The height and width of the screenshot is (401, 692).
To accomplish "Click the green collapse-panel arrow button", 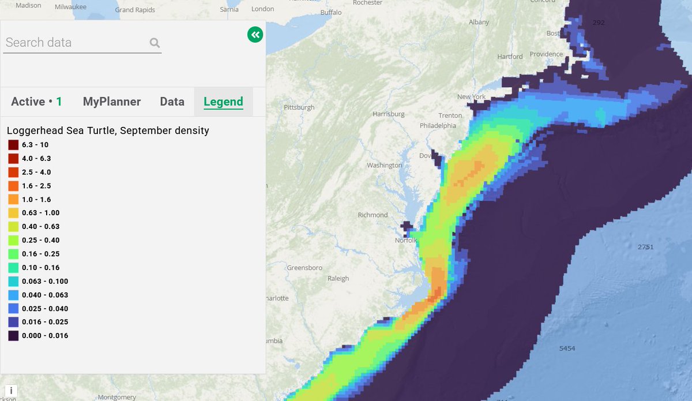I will pos(255,35).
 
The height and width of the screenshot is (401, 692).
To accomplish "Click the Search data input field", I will pos(75,43).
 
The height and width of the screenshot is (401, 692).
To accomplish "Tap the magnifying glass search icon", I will pos(155,43).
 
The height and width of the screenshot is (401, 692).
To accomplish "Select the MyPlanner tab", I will pos(112,102).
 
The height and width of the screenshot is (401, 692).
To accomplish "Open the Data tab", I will pos(172,102).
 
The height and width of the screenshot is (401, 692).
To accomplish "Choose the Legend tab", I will pos(223,102).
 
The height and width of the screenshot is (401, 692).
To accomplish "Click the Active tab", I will pos(36,102).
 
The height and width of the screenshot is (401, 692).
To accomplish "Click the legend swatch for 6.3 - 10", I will pos(13,145).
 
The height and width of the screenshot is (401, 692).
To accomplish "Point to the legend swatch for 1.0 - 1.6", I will pos(13,199).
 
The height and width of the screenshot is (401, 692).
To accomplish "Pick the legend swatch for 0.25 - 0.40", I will pos(13,240).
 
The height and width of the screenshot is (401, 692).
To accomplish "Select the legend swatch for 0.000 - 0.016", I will pos(13,335).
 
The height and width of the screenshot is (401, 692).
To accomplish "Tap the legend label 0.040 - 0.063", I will pos(45,295).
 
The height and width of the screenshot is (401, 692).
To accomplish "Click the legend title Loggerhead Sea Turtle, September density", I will pos(108,131).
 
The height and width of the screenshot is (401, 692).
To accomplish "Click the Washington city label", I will pos(384,166).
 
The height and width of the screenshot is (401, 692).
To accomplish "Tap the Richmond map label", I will pos(373,215).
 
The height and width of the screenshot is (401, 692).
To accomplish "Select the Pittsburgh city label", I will pos(299,107).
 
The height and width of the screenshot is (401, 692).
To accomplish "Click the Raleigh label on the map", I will pos(338,279).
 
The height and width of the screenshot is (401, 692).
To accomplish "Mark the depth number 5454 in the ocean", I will pos(567,348).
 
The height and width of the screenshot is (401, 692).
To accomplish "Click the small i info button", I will pos(10,391).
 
